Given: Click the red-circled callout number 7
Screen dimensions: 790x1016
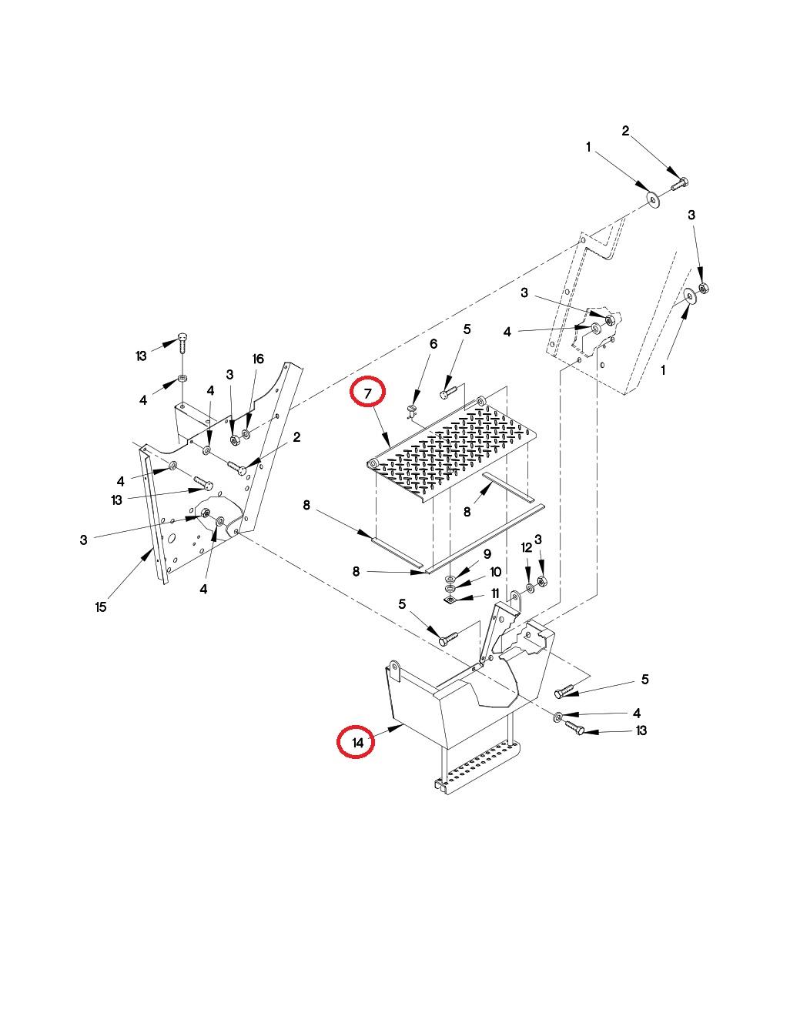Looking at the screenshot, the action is pos(367,393).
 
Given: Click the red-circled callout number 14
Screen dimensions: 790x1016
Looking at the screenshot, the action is pos(357,743).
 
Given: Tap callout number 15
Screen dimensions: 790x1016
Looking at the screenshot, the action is pos(101,607).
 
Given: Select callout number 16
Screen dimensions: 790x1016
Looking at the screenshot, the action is pos(258,359).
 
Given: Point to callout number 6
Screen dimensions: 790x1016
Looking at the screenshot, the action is pos(433,344).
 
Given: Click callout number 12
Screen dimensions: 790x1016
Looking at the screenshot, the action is pos(527,547).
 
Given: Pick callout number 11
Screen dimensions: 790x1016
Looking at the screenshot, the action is pos(495,593).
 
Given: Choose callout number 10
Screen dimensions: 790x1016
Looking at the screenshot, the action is pos(495,573).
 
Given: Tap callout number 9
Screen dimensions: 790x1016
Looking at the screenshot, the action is pos(487,554).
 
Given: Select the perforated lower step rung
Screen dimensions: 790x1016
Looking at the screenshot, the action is pos(477,767).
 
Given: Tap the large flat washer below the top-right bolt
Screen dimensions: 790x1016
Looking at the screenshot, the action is pos(653,200).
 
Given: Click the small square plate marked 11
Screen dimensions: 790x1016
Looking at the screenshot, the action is pos(450,600).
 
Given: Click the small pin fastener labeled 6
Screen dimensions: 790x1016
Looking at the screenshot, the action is pos(412,412).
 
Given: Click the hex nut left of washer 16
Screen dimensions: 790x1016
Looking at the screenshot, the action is pos(235,439).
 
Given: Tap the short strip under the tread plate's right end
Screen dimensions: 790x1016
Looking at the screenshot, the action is pos(507,486).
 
